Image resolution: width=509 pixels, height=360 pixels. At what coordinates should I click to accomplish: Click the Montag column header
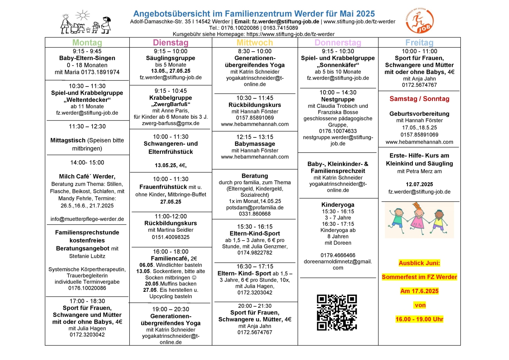[x=87, y=43]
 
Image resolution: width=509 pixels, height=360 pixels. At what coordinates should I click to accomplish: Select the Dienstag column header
[x=171, y=43]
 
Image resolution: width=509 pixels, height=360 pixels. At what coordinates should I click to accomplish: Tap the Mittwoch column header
[x=255, y=43]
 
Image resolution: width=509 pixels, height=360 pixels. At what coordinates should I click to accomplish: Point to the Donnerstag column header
[x=338, y=43]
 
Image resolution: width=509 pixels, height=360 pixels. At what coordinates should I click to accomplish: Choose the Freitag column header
[x=419, y=43]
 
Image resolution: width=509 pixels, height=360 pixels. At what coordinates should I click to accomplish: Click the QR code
[x=337, y=312]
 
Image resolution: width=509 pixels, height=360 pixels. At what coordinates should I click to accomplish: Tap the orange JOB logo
[x=420, y=21]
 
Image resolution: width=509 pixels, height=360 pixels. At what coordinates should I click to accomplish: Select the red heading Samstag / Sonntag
[x=419, y=99]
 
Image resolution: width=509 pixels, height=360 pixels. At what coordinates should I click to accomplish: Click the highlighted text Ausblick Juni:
[x=419, y=263]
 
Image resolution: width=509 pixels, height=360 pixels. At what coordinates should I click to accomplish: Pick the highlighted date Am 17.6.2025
[x=419, y=291]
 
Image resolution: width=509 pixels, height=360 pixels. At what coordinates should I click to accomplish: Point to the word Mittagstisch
[x=68, y=140]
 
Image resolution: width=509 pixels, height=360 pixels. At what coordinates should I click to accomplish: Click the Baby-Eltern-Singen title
[x=87, y=58]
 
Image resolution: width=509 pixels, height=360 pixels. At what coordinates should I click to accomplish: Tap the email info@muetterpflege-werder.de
[x=87, y=219]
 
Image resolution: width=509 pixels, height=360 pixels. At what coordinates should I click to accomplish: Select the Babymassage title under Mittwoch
[x=255, y=144]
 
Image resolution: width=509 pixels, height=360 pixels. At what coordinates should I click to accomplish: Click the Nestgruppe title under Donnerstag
[x=338, y=99]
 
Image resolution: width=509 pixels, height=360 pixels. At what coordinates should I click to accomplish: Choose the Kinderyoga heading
[x=338, y=205]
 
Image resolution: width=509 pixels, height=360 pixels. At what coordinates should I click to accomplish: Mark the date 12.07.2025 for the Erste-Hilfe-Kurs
[x=419, y=184]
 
